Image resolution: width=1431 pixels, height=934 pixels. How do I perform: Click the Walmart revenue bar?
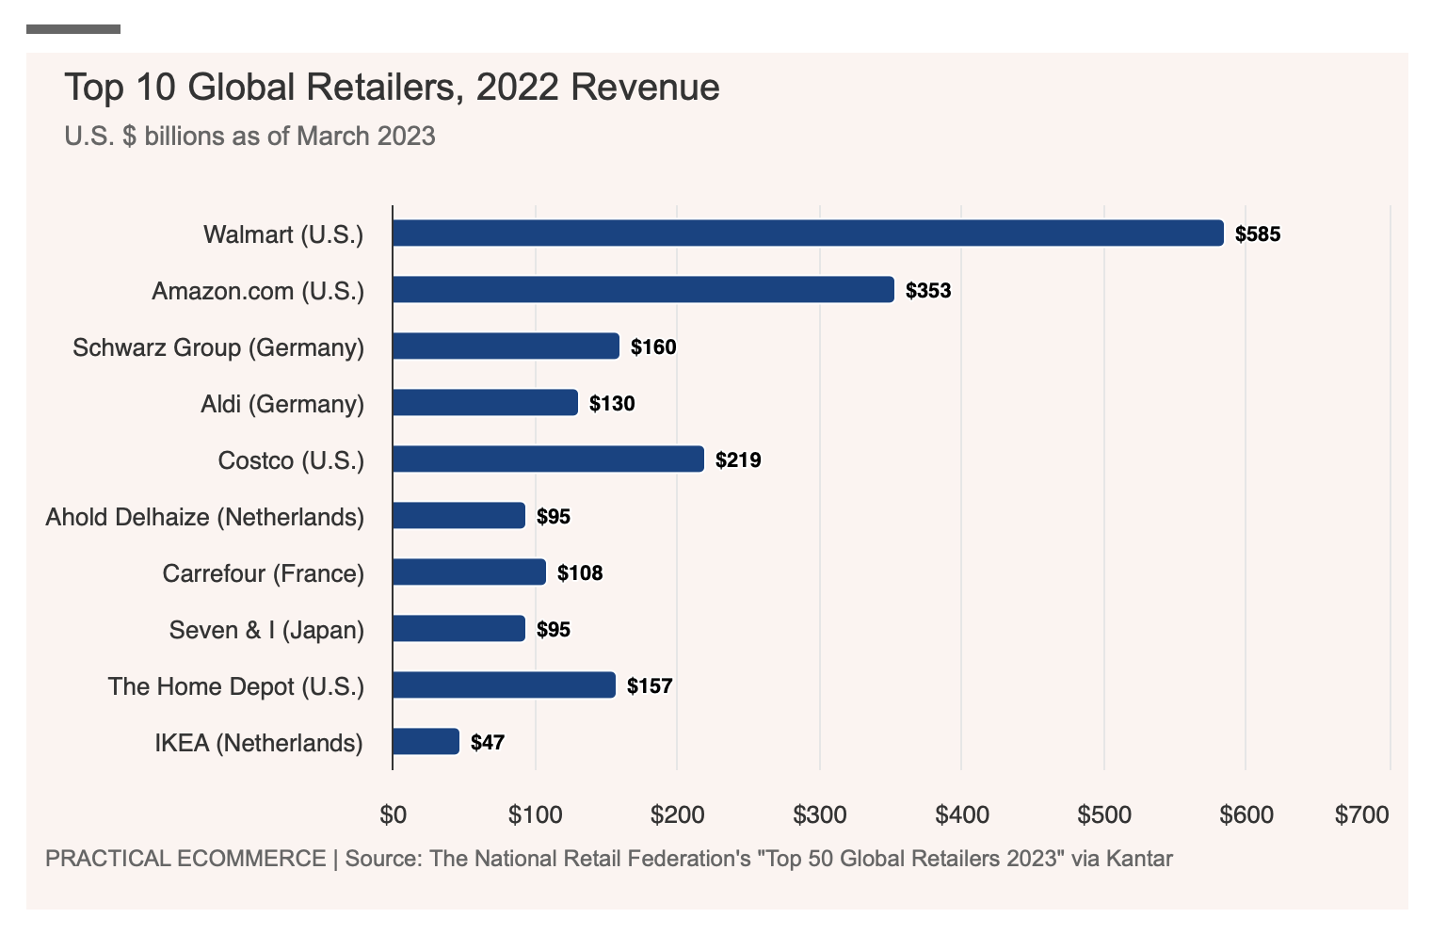coord(808,233)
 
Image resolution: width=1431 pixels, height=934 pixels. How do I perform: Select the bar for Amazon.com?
coord(643,290)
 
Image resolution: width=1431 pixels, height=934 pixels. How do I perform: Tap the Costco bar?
coord(548,459)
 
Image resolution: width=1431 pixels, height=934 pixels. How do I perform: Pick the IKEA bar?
coord(426,742)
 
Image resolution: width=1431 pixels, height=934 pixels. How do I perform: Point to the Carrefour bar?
coord(469,572)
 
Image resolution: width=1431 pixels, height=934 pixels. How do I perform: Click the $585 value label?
coord(1258,234)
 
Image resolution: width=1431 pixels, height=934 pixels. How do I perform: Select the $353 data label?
coord(928,291)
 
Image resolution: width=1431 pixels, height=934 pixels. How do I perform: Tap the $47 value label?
coord(488,743)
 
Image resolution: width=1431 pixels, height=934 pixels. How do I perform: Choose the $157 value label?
coord(650,686)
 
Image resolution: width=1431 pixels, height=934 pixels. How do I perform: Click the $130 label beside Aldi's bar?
coord(612,404)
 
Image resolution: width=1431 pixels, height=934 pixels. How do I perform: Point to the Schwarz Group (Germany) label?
coord(218,347)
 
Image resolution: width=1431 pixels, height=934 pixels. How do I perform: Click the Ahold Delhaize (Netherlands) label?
coord(205,517)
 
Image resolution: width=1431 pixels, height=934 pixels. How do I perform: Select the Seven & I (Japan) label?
coord(266,630)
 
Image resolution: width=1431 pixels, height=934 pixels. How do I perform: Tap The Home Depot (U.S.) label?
coord(236,686)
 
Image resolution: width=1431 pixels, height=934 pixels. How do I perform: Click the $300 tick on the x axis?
coord(819,814)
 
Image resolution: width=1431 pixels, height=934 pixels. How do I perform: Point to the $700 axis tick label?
coord(1361,814)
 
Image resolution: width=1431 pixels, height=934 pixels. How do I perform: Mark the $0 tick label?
coord(393,814)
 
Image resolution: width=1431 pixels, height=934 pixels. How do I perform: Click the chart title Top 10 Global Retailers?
coord(392,88)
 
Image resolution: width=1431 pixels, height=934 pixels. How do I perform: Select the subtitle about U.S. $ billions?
coord(249,137)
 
